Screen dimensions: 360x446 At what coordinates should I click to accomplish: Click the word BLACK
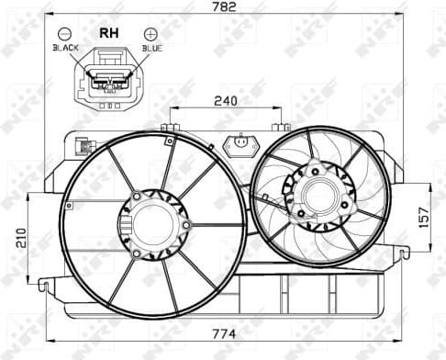[66, 46]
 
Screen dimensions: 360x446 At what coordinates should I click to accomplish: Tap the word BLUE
[151, 46]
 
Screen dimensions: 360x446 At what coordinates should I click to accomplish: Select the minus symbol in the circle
[65, 32]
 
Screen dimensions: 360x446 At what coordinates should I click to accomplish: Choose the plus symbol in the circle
[152, 32]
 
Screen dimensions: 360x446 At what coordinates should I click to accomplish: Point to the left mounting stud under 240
[169, 127]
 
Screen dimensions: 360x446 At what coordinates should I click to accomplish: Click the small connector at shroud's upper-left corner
[83, 145]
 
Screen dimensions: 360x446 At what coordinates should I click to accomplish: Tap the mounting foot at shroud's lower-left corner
[44, 286]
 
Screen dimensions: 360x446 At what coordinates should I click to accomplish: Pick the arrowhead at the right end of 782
[401, 15]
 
